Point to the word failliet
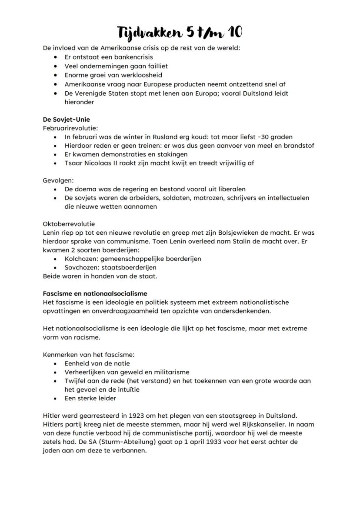(x=155, y=66)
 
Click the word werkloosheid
(x=137, y=75)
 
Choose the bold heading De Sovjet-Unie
(x=67, y=119)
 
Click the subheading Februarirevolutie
(x=70, y=128)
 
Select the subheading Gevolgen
(x=58, y=180)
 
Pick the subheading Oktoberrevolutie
(x=69, y=224)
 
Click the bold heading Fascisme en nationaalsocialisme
(x=95, y=293)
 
